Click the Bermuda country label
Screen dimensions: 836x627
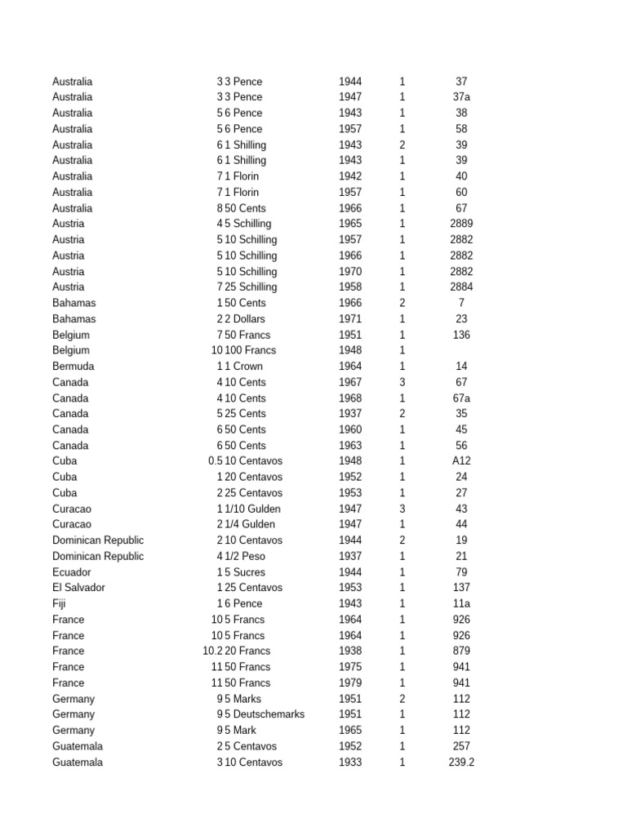tap(73, 367)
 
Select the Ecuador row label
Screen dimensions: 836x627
tap(72, 572)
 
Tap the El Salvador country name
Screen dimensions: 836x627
tap(78, 588)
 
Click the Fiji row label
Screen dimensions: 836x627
tap(59, 604)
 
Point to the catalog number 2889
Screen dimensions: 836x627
tap(461, 224)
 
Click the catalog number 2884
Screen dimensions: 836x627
tap(461, 287)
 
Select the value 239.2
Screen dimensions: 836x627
tap(461, 763)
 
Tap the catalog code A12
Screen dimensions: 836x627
tap(461, 461)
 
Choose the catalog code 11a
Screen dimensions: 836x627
tap(461, 604)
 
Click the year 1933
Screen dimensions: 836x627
tap(350, 763)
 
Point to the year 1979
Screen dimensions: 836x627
tap(350, 683)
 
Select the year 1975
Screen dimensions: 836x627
tap(350, 667)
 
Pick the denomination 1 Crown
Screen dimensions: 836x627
tap(244, 367)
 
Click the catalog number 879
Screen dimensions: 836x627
tap(461, 651)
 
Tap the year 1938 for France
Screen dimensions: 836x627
tap(350, 651)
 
